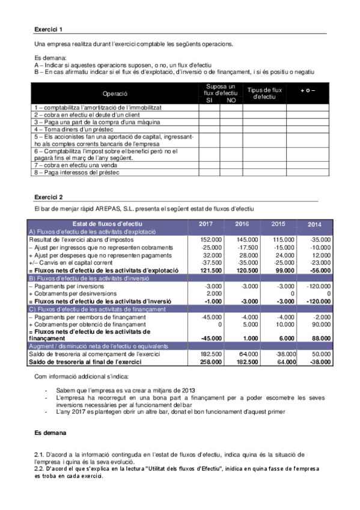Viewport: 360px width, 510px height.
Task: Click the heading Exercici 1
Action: click(x=48, y=29)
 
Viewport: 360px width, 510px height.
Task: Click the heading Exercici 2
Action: click(x=48, y=197)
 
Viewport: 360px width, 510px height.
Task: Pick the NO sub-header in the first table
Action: click(x=231, y=100)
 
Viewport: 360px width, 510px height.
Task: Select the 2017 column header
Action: click(x=206, y=224)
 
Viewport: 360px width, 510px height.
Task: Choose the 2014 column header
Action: click(x=314, y=224)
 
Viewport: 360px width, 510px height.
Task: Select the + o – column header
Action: click(x=308, y=90)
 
